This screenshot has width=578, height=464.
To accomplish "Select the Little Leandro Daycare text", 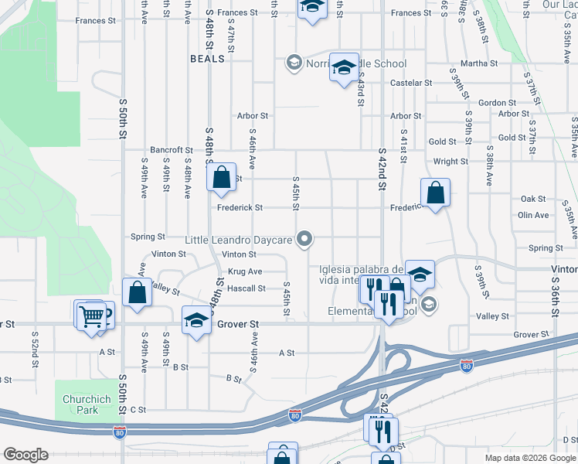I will pyautogui.click(x=239, y=240).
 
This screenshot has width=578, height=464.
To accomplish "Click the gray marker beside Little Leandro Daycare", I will pyautogui.click(x=305, y=239).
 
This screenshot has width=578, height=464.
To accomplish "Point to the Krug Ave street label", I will pyautogui.click(x=245, y=271).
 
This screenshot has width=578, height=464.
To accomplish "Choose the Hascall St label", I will pyautogui.click(x=246, y=288).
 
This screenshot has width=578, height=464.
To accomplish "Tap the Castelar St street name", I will pyautogui.click(x=411, y=83).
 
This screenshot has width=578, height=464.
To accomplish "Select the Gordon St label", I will pyautogui.click(x=497, y=103).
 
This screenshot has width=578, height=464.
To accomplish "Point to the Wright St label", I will pyautogui.click(x=450, y=162).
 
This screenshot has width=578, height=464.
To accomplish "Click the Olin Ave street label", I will pyautogui.click(x=533, y=215).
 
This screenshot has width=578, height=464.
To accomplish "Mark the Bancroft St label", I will pyautogui.click(x=172, y=150).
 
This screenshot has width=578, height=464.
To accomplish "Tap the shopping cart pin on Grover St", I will pyautogui.click(x=91, y=316).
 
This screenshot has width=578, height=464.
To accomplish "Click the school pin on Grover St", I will pyautogui.click(x=196, y=320).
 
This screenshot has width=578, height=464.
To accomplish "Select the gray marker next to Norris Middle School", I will pyautogui.click(x=294, y=63).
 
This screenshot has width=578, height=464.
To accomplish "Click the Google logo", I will pyautogui.click(x=25, y=455).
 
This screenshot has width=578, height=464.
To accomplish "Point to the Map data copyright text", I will pyautogui.click(x=531, y=458).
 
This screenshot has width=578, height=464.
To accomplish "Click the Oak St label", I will pyautogui.click(x=533, y=200).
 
